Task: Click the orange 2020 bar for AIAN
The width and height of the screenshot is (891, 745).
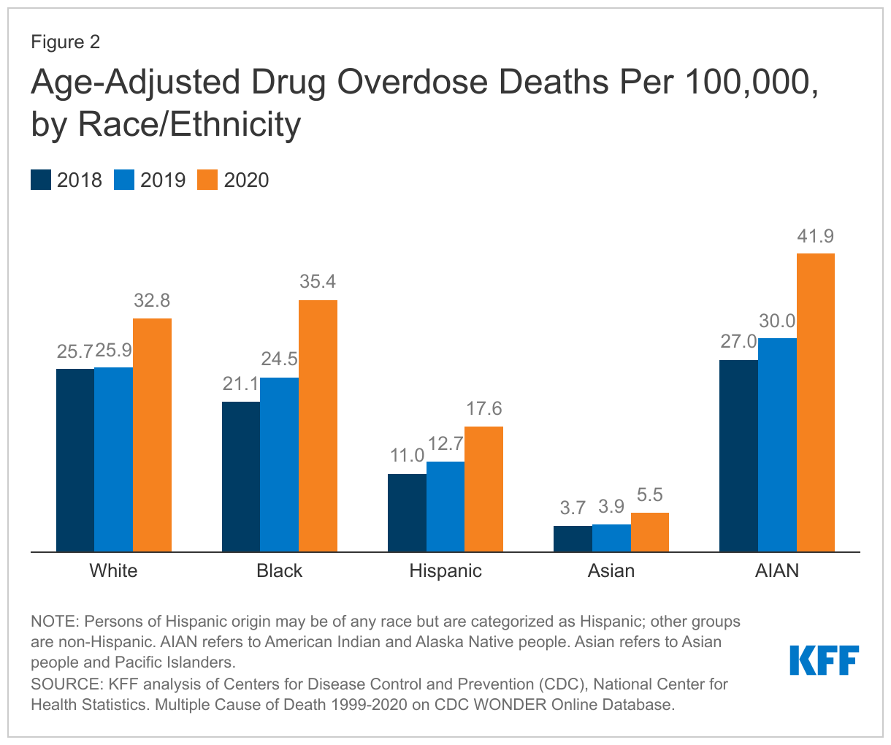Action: click(815, 402)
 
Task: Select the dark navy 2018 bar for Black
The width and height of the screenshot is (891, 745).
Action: click(241, 476)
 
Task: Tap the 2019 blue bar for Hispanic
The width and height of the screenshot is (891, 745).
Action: click(445, 506)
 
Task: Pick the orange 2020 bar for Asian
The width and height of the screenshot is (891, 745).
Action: click(650, 532)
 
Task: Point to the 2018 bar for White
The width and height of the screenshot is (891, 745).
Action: click(75, 460)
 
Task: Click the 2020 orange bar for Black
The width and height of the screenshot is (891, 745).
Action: click(318, 426)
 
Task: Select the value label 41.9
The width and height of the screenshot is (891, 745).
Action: click(815, 237)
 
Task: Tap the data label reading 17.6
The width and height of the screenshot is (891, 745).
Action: click(483, 409)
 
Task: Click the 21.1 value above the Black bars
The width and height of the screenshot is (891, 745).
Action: click(241, 384)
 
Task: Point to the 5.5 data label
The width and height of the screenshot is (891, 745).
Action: click(649, 495)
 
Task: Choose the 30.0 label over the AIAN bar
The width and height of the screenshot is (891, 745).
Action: click(777, 321)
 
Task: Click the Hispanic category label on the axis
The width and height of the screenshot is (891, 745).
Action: click(445, 570)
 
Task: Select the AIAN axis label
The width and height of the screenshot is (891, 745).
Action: click(777, 570)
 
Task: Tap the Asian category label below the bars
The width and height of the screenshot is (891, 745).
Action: click(611, 570)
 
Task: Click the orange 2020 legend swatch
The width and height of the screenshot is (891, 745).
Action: click(207, 180)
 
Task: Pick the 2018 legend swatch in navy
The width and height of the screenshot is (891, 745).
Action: click(41, 180)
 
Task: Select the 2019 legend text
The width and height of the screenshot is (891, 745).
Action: click(163, 180)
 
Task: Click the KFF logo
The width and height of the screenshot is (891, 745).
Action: click(824, 660)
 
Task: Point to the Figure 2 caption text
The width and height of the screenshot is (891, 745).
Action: click(66, 42)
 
